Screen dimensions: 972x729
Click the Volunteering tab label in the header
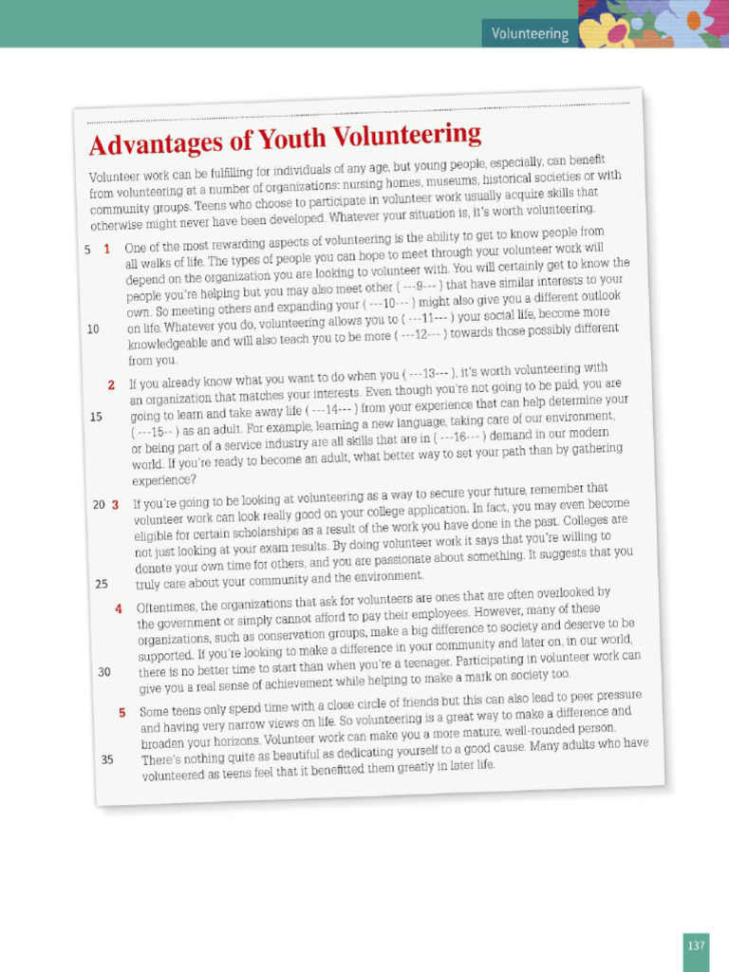point(530,34)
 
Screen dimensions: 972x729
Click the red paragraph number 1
point(107,249)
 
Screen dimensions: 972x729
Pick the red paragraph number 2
point(111,385)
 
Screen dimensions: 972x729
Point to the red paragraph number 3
point(115,505)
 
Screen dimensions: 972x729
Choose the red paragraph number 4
point(119,608)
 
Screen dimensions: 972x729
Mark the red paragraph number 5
point(122,712)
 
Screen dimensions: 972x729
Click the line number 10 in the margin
point(93,329)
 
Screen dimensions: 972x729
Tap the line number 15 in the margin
point(96,417)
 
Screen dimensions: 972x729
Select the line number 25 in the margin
point(102,584)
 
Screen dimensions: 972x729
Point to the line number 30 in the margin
point(104,672)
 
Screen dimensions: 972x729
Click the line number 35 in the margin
point(107,759)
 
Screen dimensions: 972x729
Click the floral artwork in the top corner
point(655,24)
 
